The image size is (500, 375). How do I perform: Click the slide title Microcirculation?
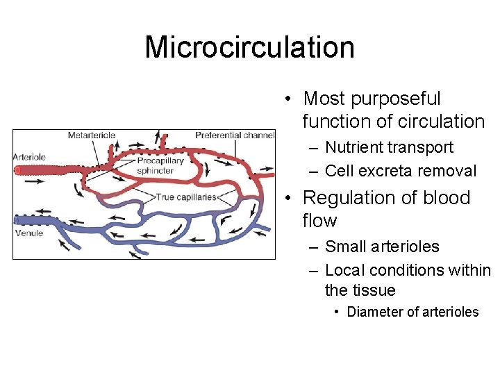pos(249,47)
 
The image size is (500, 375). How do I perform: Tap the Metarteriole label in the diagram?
pos(92,135)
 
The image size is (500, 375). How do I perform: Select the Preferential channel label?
pos(235,135)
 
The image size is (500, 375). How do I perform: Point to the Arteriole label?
pos(29,157)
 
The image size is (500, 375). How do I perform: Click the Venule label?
pos(29,233)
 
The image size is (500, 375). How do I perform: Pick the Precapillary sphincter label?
pos(160,166)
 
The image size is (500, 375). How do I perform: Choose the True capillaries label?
pos(186,197)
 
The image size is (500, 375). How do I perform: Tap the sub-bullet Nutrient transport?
pos(389,147)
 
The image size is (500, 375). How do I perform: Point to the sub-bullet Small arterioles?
pos(382,247)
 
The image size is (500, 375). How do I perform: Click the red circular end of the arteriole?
pos(19,169)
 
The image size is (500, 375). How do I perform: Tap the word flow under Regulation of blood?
pos(319,221)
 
